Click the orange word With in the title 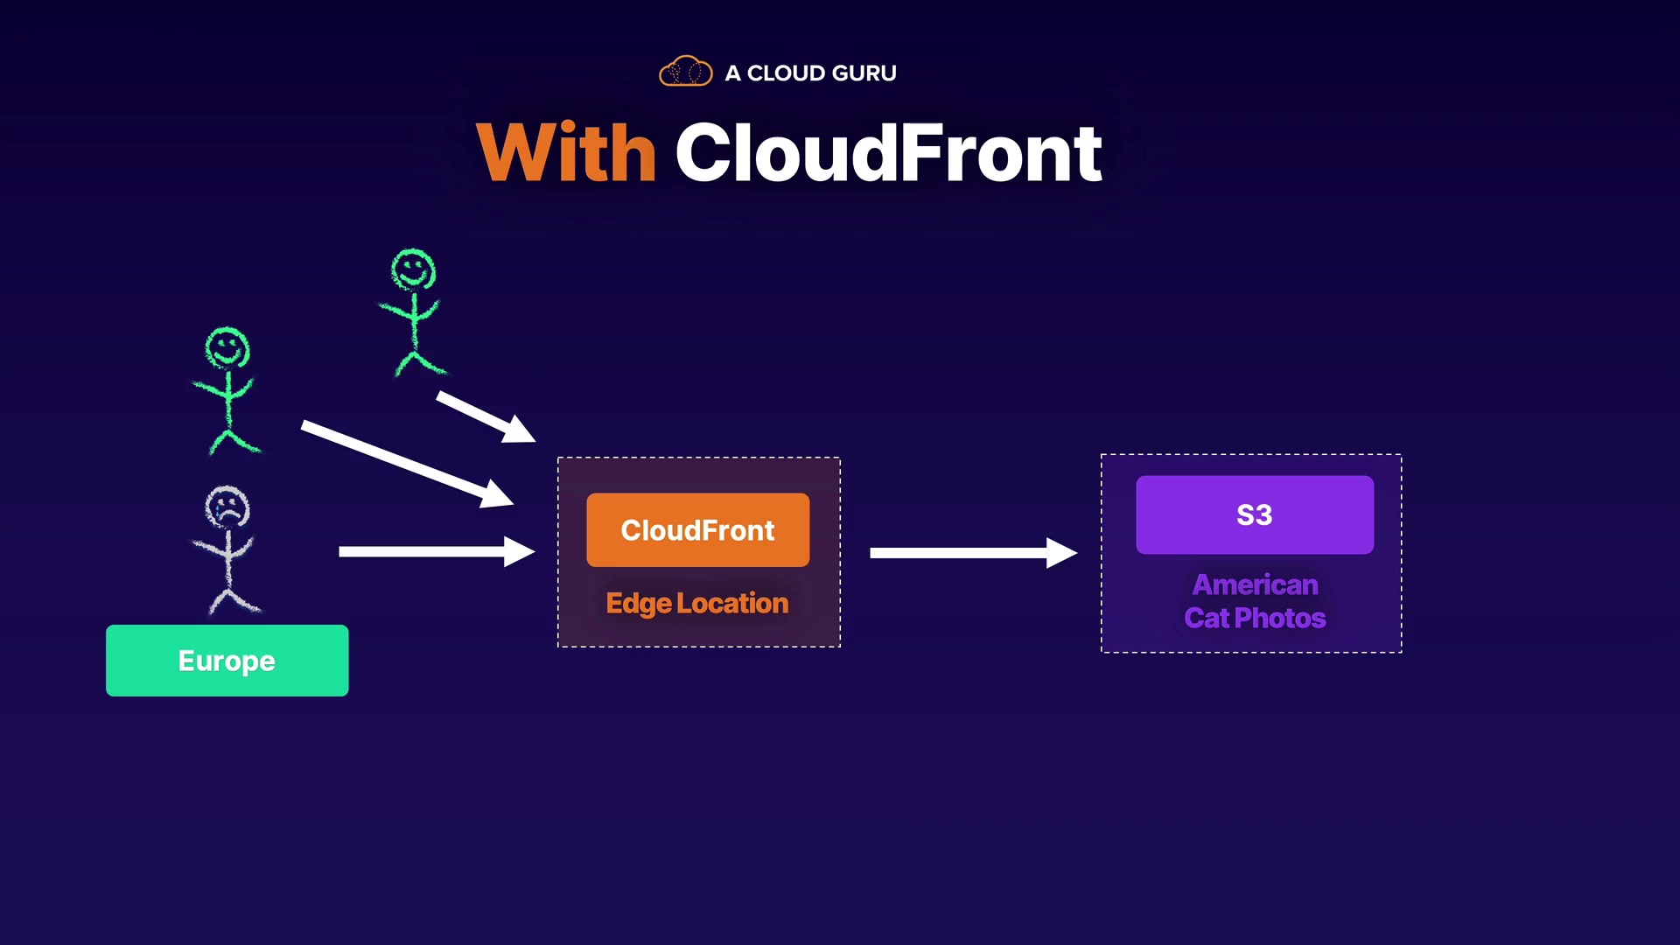click(x=566, y=153)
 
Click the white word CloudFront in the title click(x=888, y=153)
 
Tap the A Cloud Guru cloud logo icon click(x=685, y=72)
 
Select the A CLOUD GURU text click(x=810, y=73)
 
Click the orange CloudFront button click(x=697, y=530)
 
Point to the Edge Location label click(x=696, y=603)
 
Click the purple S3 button click(x=1254, y=514)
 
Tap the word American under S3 click(x=1255, y=584)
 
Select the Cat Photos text click(x=1255, y=618)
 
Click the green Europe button click(x=227, y=661)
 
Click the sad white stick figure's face click(x=227, y=507)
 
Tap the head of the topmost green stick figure click(x=413, y=269)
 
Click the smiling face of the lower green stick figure click(x=227, y=348)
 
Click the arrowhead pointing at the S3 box click(x=1060, y=552)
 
